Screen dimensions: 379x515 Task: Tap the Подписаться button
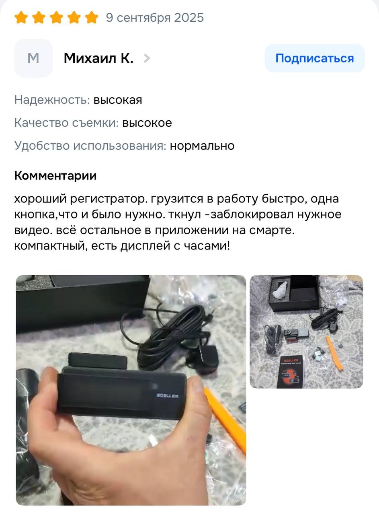click(x=315, y=58)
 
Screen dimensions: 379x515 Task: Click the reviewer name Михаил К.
click(x=98, y=58)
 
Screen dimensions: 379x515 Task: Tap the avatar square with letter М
click(x=33, y=58)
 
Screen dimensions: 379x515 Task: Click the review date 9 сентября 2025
click(x=155, y=18)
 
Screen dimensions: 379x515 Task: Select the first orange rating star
click(x=21, y=17)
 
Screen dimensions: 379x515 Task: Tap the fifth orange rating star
click(x=92, y=17)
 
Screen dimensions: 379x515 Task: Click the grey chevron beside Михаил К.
click(x=147, y=58)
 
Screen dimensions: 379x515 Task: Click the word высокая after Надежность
click(x=118, y=100)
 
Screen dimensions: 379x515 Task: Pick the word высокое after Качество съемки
click(x=147, y=123)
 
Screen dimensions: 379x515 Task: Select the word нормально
click(x=202, y=146)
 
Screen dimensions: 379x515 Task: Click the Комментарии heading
click(x=55, y=176)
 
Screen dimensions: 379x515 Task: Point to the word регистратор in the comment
click(x=109, y=199)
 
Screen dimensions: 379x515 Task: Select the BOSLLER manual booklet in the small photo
click(x=291, y=372)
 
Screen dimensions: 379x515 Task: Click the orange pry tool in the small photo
click(x=335, y=352)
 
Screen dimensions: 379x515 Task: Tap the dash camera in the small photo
click(x=296, y=334)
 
